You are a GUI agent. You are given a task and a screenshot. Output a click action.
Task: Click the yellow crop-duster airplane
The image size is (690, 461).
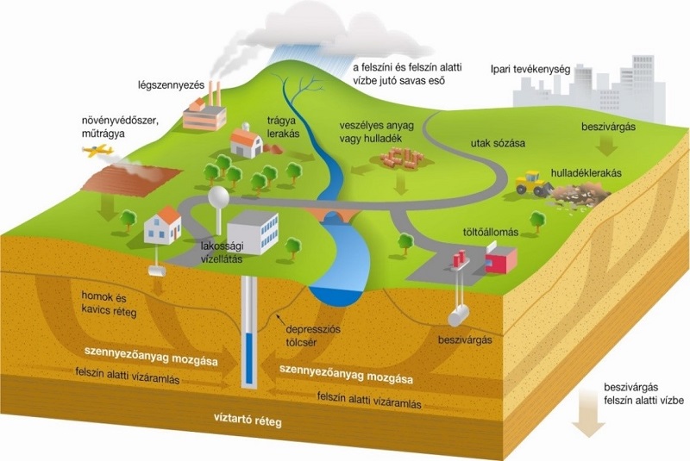click(98, 151)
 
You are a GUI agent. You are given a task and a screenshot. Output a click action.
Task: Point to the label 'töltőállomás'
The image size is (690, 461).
click(490, 232)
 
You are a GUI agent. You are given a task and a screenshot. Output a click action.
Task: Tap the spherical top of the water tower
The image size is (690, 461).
click(218, 196)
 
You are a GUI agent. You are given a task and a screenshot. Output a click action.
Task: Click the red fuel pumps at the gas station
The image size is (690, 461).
click(460, 258)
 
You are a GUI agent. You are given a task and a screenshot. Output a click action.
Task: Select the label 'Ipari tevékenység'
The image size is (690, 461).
click(530, 69)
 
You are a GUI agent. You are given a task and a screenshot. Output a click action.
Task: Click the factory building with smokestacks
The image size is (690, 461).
click(204, 110)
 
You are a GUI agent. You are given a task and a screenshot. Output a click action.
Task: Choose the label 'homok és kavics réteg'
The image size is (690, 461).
click(109, 304)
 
